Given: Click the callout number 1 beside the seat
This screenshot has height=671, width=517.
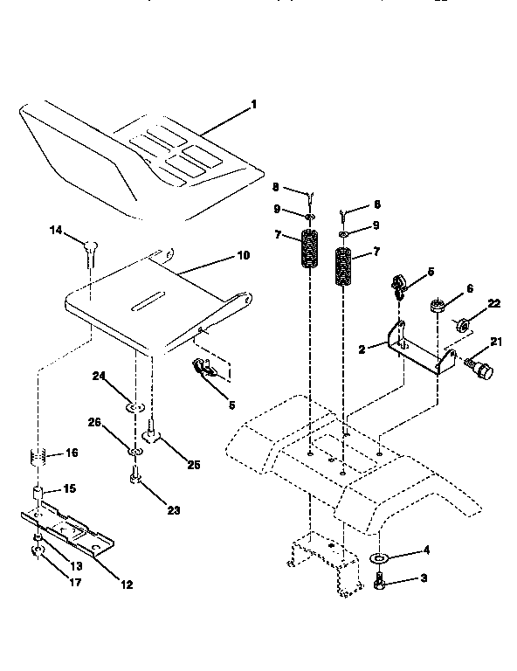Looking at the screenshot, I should coord(253,105).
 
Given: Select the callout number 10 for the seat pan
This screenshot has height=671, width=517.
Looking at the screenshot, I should coord(242,256).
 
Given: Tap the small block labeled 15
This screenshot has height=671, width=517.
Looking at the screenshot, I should coord(39,495).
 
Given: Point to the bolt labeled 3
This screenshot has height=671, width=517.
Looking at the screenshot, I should coord(380,580).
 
